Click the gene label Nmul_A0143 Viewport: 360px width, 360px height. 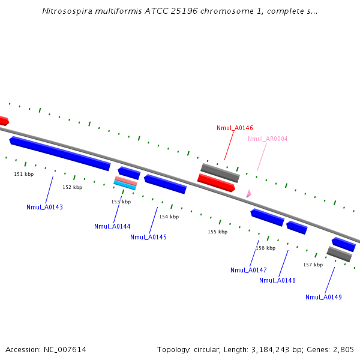click(44, 207)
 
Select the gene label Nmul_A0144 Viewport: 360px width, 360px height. click(112, 226)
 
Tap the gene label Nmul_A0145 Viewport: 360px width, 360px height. click(148, 237)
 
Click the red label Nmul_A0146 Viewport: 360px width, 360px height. click(235, 128)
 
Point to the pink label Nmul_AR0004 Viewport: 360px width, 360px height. click(268, 139)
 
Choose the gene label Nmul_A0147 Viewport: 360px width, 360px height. click(248, 270)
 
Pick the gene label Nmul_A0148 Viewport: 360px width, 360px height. click(277, 280)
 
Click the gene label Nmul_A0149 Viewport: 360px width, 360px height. click(323, 297)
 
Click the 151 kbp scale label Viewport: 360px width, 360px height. click(24, 174)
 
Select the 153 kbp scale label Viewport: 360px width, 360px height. click(121, 202)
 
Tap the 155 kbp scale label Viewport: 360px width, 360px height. click(218, 232)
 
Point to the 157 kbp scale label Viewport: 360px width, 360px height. click(313, 265)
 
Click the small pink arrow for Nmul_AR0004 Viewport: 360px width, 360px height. click(248, 194)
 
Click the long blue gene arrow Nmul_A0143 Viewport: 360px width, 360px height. click(60, 153)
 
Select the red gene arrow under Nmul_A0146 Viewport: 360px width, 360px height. click(216, 182)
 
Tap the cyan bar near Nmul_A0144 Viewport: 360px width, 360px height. click(125, 186)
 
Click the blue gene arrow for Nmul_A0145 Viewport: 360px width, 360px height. click(165, 184)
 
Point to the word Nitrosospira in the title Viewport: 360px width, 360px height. click(66, 11)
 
